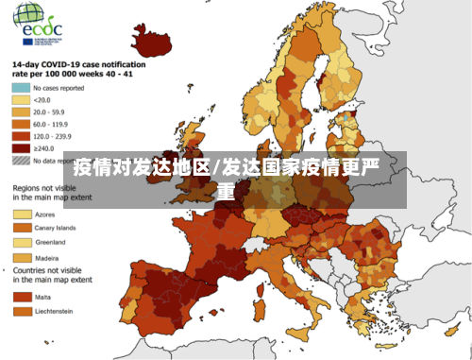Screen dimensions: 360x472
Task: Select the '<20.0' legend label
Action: click(42, 99)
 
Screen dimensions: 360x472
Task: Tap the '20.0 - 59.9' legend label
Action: click(51, 111)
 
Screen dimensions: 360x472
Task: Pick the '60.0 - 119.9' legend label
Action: click(53, 124)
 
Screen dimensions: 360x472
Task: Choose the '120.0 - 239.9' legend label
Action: click(55, 136)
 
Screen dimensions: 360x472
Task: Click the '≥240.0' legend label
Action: click(43, 148)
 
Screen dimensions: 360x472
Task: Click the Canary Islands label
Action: click(56, 228)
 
